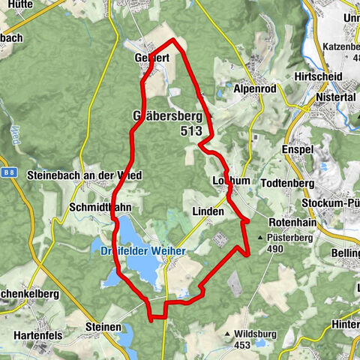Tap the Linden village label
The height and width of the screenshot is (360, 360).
coord(208,212)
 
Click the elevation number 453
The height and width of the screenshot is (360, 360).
coord(241,345)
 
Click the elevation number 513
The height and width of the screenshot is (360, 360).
coord(190,130)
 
